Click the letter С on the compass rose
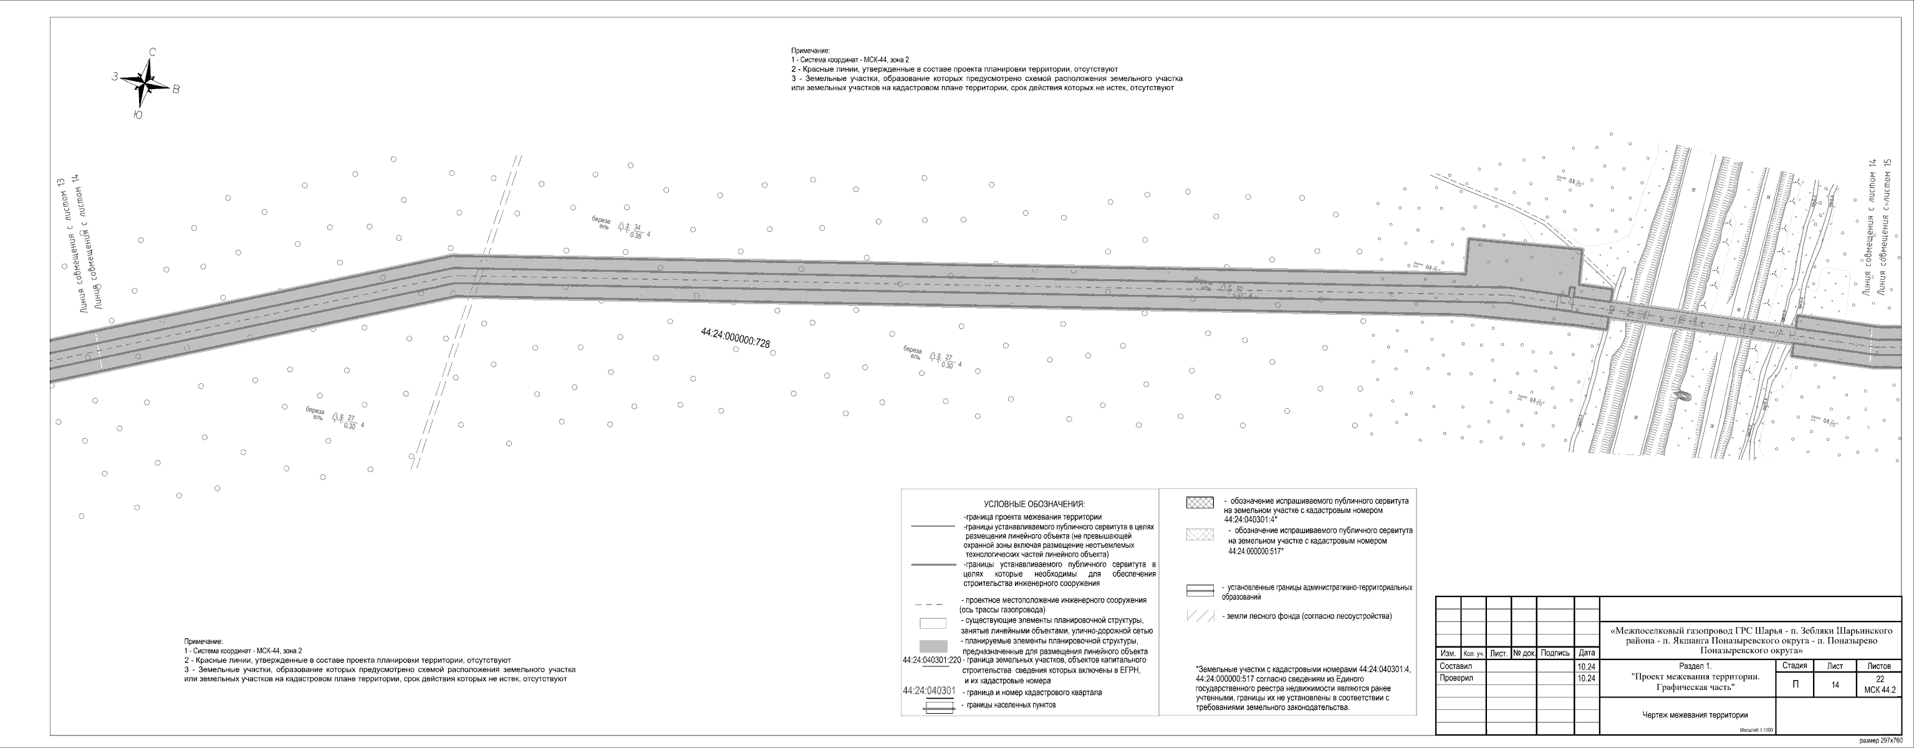click(152, 52)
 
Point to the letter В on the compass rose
click(176, 89)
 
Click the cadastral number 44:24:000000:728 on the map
click(735, 338)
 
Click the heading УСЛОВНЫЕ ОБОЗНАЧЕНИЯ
click(1034, 504)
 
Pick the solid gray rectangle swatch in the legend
click(933, 646)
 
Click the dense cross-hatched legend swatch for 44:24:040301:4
click(1200, 503)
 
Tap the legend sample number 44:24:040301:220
click(931, 659)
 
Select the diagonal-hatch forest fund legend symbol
click(1200, 616)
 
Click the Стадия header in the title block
click(1794, 666)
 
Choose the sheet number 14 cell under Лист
click(1835, 685)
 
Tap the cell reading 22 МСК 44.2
click(1880, 685)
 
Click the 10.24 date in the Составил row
click(1585, 666)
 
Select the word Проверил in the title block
click(1455, 678)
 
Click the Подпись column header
click(1555, 653)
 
